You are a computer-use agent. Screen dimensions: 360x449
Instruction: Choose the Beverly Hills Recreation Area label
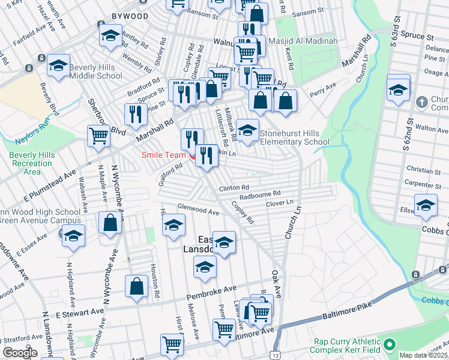coord(31,164)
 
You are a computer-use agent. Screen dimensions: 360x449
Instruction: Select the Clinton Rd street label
coord(234,188)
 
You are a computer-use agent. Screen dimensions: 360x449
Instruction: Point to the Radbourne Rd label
coord(260,194)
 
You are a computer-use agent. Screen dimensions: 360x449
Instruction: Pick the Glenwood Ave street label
coord(197,211)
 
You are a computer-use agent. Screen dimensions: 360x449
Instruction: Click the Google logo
coord(19,353)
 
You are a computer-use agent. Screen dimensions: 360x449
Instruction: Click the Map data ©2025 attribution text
coord(423,355)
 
